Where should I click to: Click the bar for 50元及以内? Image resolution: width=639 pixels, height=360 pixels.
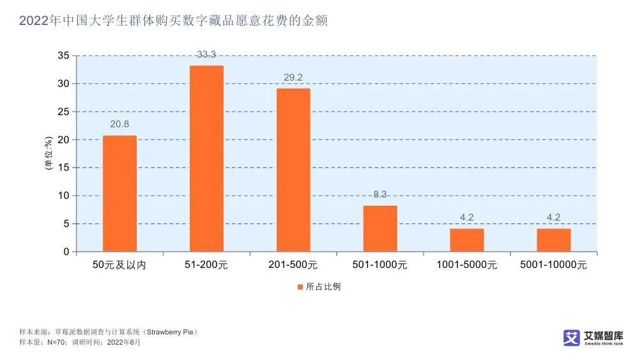point(119,193)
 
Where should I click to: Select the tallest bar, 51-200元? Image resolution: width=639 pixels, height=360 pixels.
point(206,159)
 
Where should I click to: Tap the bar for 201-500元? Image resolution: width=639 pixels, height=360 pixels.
point(293,169)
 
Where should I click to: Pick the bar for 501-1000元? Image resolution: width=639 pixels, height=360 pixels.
point(380,228)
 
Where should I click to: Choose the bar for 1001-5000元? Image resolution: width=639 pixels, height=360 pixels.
point(466,240)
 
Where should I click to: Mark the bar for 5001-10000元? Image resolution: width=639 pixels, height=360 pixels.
point(553,240)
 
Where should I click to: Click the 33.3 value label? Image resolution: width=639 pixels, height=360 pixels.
point(206,55)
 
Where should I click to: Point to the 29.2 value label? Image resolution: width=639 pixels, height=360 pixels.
point(293,78)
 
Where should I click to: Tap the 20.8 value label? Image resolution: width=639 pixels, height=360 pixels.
point(119,125)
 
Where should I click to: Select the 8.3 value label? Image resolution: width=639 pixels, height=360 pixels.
point(380,195)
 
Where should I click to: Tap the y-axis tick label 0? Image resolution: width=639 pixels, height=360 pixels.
point(65,252)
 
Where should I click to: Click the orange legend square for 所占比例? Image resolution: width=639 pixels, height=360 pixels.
point(300,286)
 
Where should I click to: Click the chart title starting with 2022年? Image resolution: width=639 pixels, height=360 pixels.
point(173,21)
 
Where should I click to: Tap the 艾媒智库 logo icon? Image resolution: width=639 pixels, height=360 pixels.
point(571,338)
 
